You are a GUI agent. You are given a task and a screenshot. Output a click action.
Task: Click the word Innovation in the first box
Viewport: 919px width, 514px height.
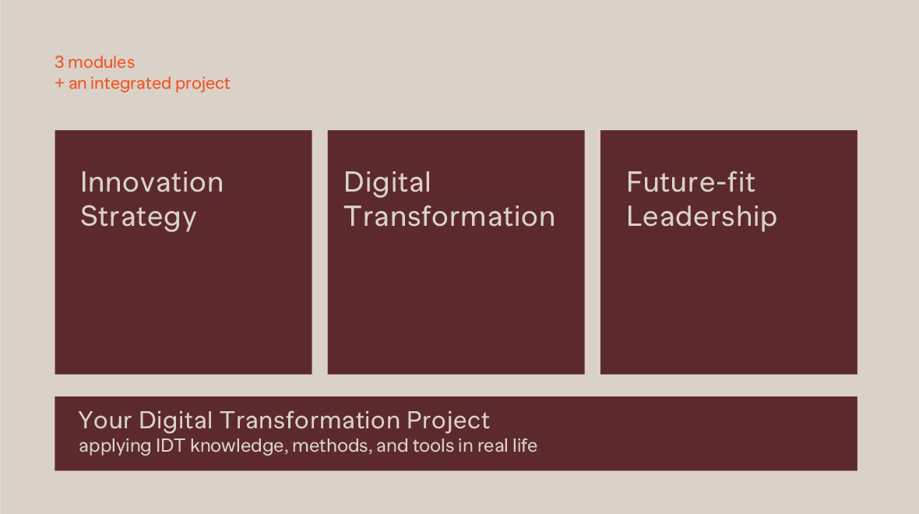tap(152, 182)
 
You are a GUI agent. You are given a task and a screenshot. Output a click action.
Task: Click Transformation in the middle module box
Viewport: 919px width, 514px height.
tap(449, 217)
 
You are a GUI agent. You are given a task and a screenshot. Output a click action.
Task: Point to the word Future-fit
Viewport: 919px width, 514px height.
tap(691, 181)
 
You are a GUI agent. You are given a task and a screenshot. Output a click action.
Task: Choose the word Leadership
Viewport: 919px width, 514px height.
tap(702, 217)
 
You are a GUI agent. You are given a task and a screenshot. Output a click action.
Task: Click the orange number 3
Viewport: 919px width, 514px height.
tap(59, 62)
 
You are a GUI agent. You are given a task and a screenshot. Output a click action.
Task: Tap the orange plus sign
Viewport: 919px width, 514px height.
tap(59, 84)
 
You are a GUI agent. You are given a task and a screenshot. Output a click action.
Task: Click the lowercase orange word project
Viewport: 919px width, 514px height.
tap(202, 84)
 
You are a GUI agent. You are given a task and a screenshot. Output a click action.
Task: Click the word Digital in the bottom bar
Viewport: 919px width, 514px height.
tap(176, 421)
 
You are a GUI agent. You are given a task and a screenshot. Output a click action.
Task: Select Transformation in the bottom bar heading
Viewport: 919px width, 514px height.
tap(310, 421)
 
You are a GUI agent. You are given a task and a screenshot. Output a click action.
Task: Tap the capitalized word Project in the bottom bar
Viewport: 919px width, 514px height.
tap(449, 421)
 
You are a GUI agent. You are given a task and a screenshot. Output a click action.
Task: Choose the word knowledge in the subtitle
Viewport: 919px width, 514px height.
tap(239, 446)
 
